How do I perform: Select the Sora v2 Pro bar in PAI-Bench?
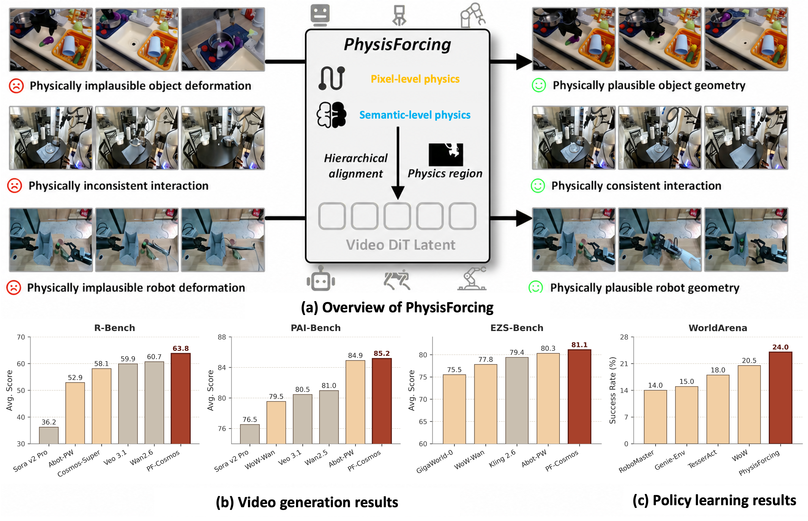[x=250, y=434]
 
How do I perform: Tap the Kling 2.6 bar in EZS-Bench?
[x=517, y=401]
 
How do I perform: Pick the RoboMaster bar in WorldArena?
[x=655, y=417]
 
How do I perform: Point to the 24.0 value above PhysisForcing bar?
[x=780, y=347]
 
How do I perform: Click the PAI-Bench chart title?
[x=316, y=328]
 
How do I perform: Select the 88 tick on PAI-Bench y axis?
[x=222, y=337]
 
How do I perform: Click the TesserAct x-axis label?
[x=702, y=459]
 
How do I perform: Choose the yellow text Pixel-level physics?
[x=415, y=79]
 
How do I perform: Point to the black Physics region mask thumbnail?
[x=446, y=155]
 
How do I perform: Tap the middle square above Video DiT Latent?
[x=397, y=216]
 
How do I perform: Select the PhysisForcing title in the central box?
[x=397, y=45]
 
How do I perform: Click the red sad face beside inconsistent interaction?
[x=15, y=186]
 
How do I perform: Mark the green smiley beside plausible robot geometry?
[x=536, y=288]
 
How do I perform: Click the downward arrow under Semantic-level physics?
[x=398, y=163]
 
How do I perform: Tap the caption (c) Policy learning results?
[x=714, y=500]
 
